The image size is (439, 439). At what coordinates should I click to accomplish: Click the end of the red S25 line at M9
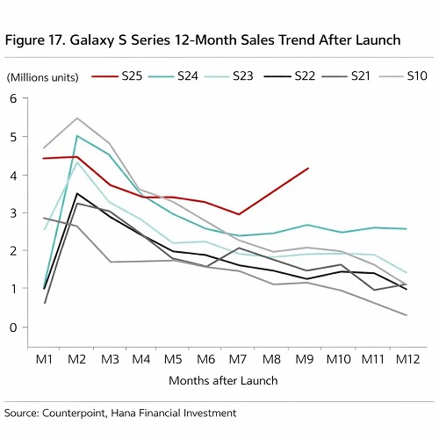(x=307, y=169)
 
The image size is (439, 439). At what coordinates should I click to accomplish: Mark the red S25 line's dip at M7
(x=238, y=214)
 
